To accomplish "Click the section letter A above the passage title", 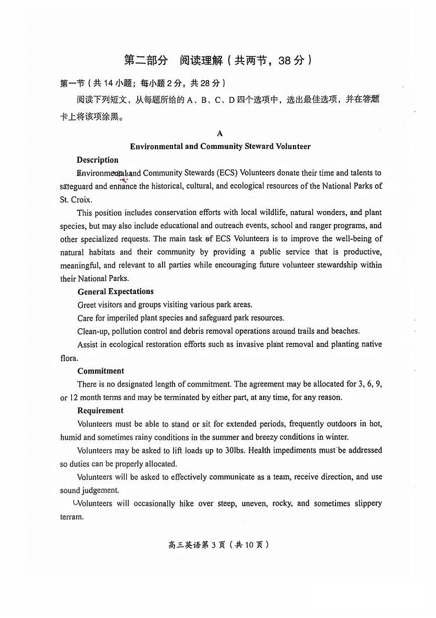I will coord(220,134).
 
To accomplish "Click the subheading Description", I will coord(97,160).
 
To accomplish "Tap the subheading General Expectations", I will coord(115,291).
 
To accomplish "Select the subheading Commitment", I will coord(100,371).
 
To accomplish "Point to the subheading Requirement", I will coord(100,411).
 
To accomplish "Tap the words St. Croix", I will coord(76,199).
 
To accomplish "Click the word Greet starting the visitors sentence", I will coord(87,305).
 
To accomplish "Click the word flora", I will coord(69,357).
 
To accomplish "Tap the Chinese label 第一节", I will coord(72,83).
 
